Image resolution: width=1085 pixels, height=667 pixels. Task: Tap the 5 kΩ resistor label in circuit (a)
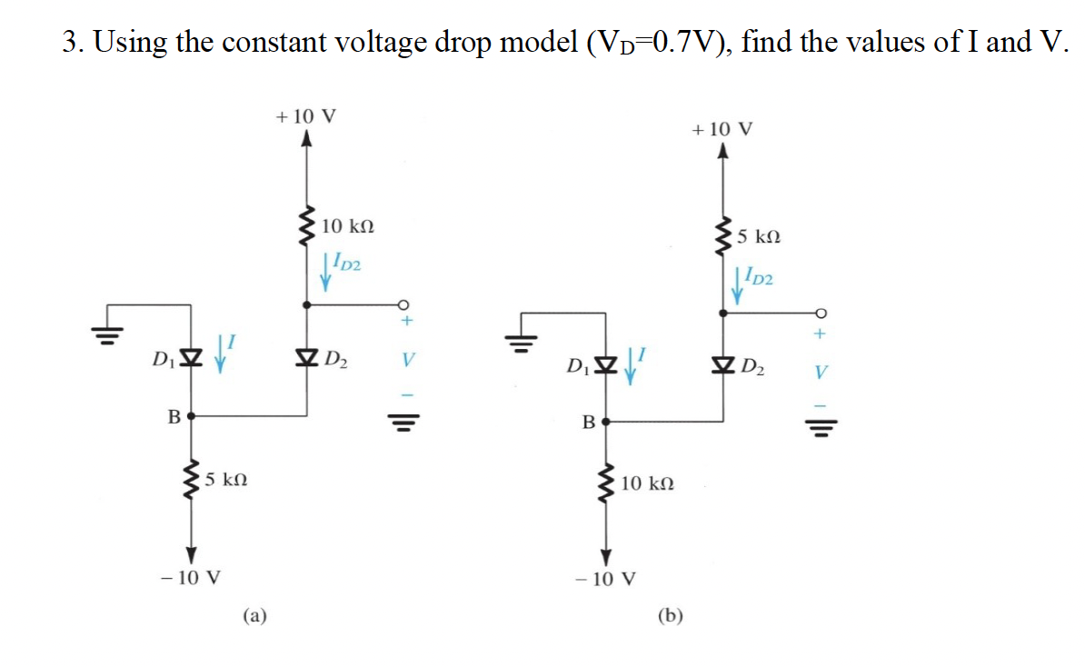click(x=225, y=479)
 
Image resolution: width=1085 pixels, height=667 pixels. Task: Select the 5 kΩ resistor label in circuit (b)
click(x=759, y=237)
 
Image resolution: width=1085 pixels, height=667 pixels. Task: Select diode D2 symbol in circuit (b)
click(x=723, y=367)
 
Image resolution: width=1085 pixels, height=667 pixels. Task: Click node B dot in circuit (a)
click(x=191, y=417)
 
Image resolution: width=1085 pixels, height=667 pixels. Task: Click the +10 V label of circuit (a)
click(x=305, y=116)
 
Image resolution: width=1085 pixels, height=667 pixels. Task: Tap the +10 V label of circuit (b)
click(x=722, y=129)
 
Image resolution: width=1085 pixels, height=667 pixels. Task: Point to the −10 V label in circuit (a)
click(x=190, y=577)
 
